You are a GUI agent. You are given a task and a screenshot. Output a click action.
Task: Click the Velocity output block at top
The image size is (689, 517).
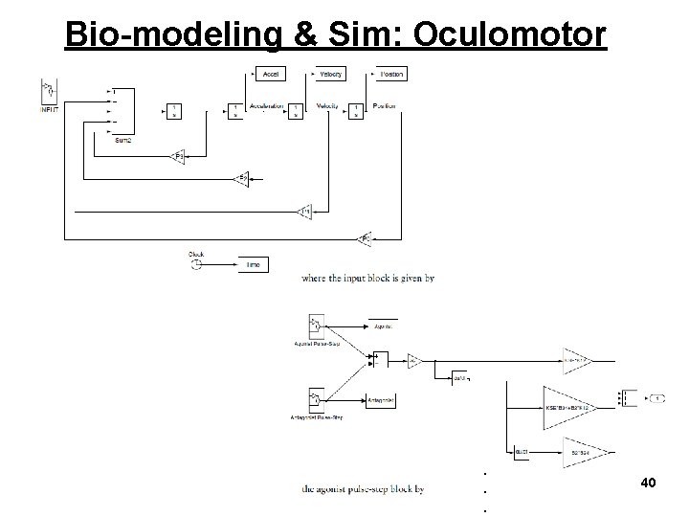330,74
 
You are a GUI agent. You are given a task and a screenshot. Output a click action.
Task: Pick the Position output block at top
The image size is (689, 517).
391,74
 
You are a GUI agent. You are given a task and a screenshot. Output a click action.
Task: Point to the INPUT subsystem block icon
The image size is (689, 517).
47,91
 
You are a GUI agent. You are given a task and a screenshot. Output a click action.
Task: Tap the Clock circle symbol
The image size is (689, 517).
196,263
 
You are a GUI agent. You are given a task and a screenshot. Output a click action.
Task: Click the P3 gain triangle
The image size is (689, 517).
177,155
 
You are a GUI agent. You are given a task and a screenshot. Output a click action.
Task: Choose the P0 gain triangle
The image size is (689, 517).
364,236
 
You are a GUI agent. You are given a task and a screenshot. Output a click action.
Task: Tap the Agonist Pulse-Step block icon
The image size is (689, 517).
315,325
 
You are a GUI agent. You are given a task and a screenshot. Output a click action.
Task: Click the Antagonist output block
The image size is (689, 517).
380,399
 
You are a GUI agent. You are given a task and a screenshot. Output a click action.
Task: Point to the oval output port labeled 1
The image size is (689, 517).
658,396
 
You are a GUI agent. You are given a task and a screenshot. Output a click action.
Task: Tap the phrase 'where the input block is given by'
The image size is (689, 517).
367,279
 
